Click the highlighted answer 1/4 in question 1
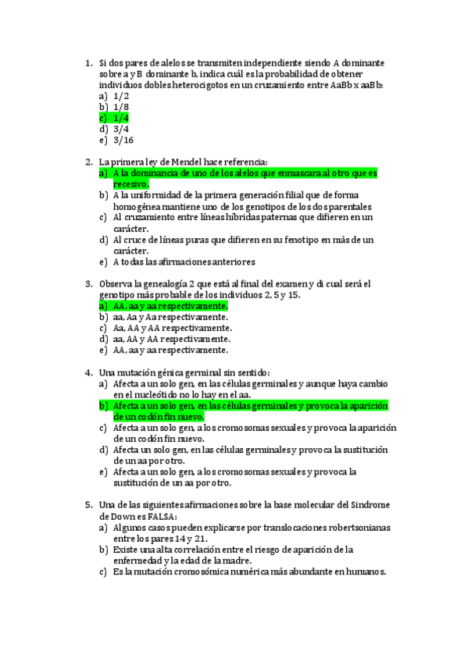(121, 118)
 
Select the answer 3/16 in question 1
(123, 141)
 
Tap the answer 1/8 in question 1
(121, 106)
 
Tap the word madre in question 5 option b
(237, 561)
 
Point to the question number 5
(88, 505)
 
